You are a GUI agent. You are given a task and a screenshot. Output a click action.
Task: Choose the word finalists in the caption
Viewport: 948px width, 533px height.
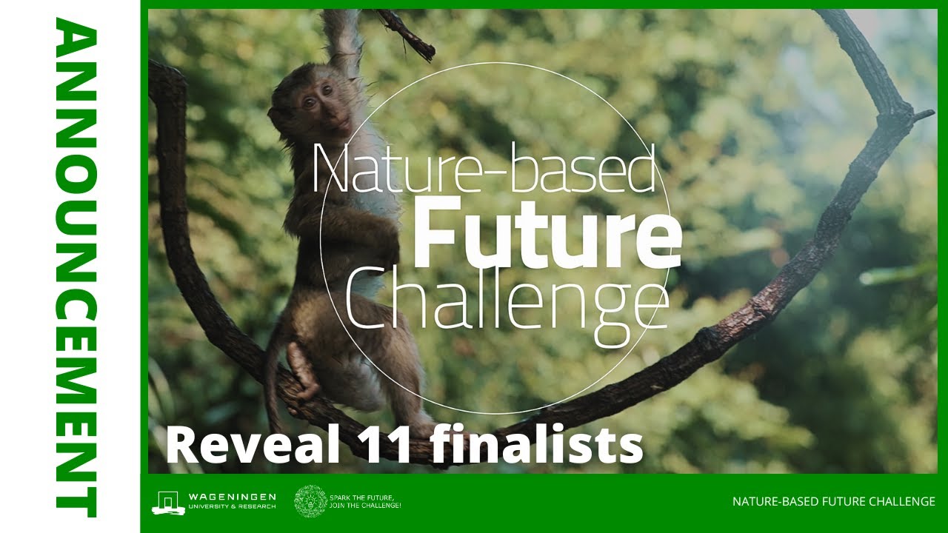tap(536, 445)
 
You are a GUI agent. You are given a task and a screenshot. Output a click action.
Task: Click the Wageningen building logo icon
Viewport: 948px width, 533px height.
tap(168, 502)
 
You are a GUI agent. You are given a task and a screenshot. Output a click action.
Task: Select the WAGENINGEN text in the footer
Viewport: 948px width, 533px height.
tap(232, 496)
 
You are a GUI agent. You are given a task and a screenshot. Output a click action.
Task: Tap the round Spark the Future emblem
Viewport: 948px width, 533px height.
tap(310, 501)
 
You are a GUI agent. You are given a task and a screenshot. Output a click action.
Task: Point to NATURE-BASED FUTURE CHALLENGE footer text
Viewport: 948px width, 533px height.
tap(833, 502)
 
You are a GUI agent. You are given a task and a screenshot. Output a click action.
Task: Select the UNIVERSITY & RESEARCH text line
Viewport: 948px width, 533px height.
tap(232, 506)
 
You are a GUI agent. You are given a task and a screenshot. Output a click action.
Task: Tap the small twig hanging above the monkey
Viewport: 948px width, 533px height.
tap(407, 34)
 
